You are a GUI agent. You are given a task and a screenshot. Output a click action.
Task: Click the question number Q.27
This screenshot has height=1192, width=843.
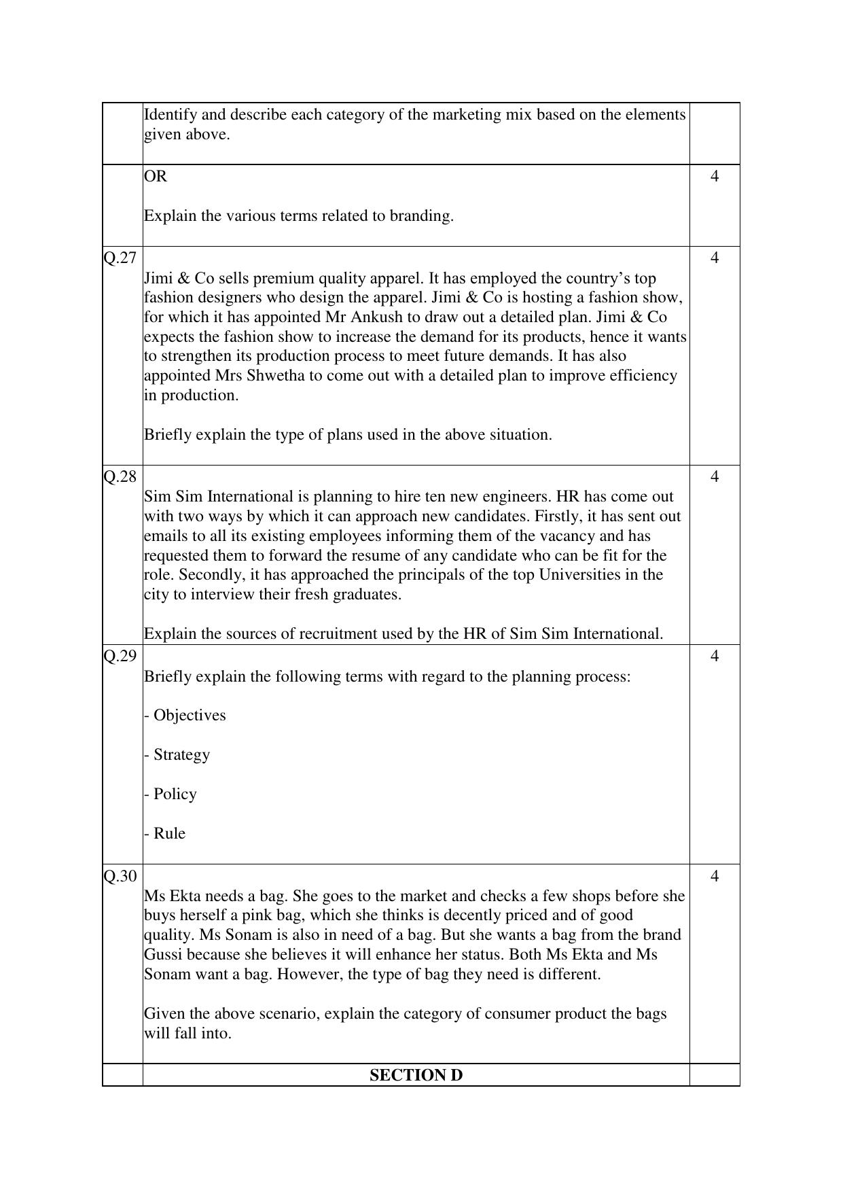[x=120, y=258]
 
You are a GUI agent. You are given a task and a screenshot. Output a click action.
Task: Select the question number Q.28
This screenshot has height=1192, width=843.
[x=120, y=476]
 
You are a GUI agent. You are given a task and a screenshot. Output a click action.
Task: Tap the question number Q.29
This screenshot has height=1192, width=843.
[x=120, y=656]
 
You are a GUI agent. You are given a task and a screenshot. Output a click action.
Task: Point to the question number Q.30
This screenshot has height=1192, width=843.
[x=120, y=876]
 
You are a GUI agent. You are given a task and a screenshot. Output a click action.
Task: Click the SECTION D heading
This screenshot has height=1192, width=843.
[x=416, y=1075]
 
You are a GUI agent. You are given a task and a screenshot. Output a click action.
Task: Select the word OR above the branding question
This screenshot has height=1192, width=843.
[x=156, y=176]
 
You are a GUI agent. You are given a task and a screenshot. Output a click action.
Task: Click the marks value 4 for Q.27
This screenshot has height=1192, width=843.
[x=714, y=258]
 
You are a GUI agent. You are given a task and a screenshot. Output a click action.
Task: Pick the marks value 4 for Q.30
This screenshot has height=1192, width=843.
[x=714, y=876]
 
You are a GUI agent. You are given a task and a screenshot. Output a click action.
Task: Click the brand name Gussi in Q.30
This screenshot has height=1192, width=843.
[x=163, y=954]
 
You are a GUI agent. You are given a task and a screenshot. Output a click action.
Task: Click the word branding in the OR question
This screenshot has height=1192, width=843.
[x=420, y=216]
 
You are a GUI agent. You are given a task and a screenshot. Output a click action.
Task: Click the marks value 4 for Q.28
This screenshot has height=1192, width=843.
[x=714, y=476]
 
